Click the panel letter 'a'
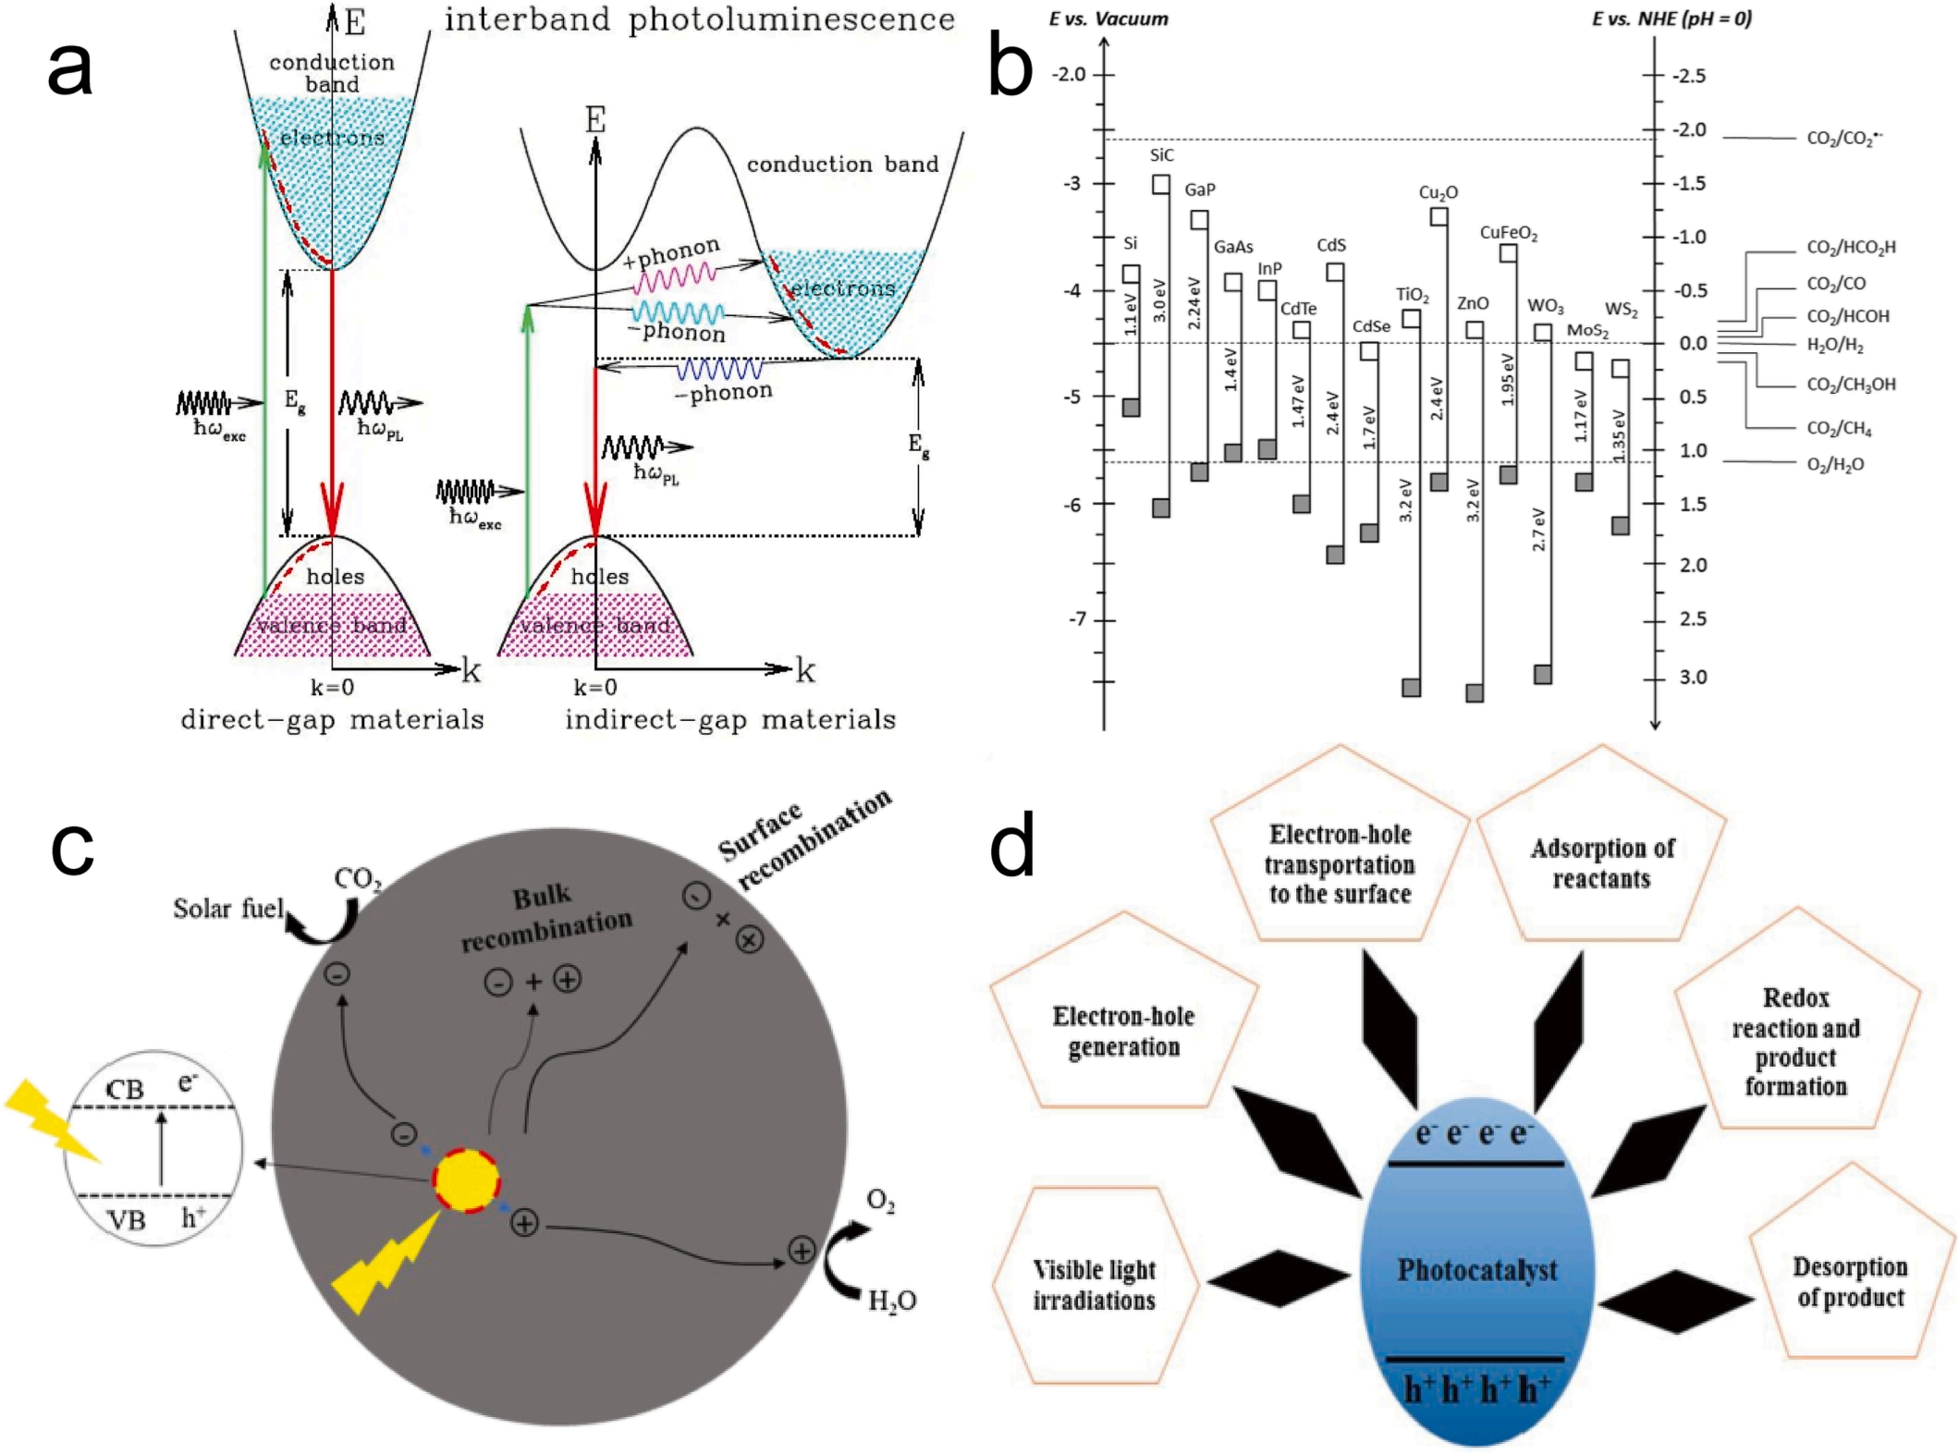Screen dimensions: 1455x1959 [x=69, y=69]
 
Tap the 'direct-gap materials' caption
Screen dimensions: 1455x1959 [x=332, y=719]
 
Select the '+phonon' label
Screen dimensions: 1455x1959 [x=671, y=252]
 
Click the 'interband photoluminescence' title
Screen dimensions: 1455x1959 [x=700, y=19]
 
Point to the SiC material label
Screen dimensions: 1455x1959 [x=1161, y=155]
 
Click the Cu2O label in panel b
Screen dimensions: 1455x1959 [x=1438, y=193]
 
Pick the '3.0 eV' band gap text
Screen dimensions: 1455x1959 [x=1160, y=300]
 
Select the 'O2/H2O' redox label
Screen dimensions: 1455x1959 [x=1835, y=464]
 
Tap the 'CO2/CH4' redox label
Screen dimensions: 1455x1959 [x=1839, y=428]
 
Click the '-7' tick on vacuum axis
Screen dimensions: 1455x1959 [x=1075, y=619]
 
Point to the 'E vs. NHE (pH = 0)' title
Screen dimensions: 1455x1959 [x=1671, y=18]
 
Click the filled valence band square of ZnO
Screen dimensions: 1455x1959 [x=1475, y=692]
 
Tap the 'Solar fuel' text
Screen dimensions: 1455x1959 [x=227, y=909]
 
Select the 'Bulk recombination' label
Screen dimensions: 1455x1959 [x=545, y=917]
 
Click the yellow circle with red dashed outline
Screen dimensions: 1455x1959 [x=466, y=1180]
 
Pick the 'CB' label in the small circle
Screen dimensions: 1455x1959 [x=125, y=1090]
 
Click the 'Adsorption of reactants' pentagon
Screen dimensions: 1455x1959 [x=1601, y=862]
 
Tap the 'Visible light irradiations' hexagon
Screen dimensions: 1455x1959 [x=1094, y=1284]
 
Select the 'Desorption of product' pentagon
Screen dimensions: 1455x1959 [x=1850, y=1281]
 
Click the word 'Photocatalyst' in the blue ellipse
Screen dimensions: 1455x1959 [x=1476, y=1269]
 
